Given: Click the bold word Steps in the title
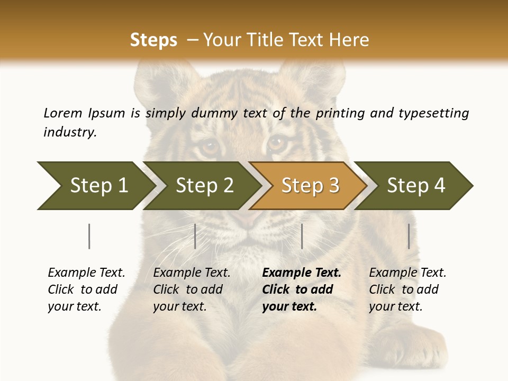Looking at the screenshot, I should (153, 40).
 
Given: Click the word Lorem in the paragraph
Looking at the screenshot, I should (63, 113).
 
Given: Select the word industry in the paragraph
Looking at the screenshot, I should (70, 132).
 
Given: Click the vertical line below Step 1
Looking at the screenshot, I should (89, 236).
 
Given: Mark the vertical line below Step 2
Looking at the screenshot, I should (195, 236).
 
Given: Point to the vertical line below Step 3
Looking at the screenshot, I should (302, 236).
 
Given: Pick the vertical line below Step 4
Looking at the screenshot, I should (409, 236).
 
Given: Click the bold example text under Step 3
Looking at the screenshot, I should (302, 289).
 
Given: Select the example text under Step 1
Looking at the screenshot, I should (86, 289).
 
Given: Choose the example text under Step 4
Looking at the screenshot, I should (407, 289).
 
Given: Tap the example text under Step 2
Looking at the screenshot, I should (192, 289).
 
